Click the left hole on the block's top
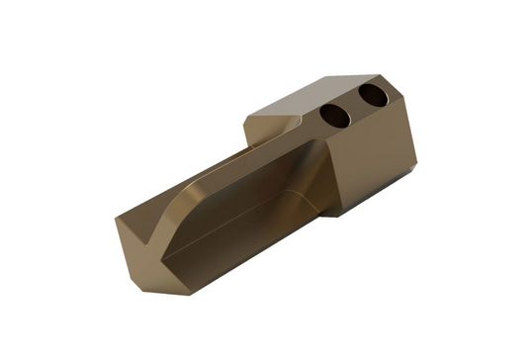point(335,115)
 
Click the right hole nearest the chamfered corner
point(373,96)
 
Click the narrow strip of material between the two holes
point(354,106)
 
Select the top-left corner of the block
point(246,118)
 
